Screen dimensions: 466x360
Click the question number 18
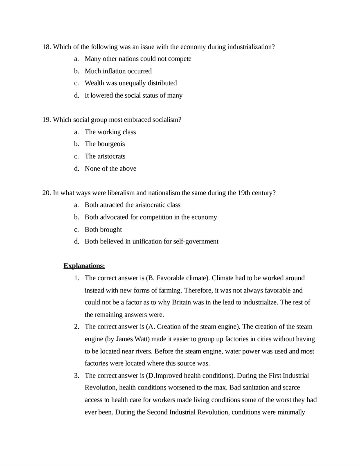[x=46, y=47]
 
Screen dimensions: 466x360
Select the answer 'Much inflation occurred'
[x=118, y=71]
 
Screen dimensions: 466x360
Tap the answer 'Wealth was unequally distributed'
[x=130, y=83]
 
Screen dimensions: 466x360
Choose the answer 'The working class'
[x=110, y=132]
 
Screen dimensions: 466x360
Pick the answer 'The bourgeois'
[x=105, y=144]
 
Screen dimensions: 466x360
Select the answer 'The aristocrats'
[x=105, y=156]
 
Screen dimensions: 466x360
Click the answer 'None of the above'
[x=110, y=169]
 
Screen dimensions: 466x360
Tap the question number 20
[x=46, y=193]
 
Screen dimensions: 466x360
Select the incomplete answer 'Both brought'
[x=103, y=230]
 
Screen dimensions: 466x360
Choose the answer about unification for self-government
[x=151, y=241]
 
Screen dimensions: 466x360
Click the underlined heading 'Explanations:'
[x=84, y=266]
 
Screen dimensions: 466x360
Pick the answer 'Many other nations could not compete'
[x=138, y=59]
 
